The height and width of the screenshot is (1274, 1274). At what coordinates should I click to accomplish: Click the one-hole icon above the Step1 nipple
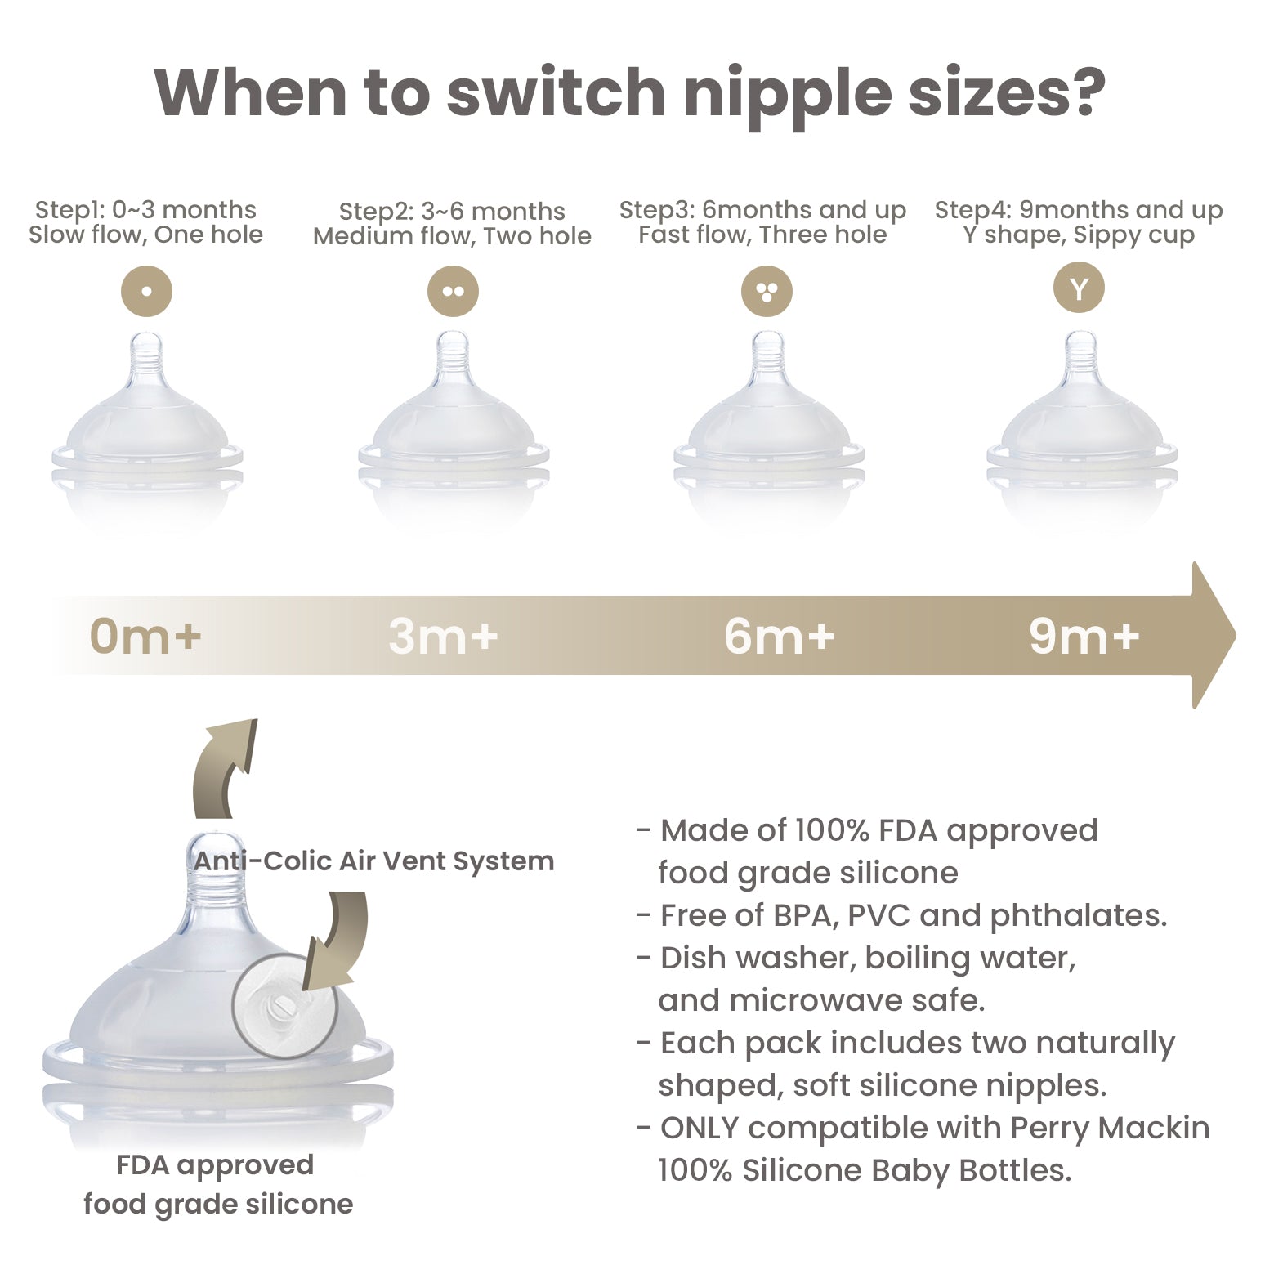tap(146, 291)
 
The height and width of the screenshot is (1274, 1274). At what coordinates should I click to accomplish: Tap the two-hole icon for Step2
tap(453, 292)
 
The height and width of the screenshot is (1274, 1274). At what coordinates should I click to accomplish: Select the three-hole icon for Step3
tap(767, 292)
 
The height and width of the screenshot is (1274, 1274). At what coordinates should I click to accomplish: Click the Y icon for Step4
tap(1079, 288)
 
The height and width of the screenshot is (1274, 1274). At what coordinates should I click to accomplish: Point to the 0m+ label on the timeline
tap(145, 636)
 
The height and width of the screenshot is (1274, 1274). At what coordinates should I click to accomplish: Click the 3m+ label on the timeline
tap(443, 636)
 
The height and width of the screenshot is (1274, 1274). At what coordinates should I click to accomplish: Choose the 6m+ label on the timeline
tap(779, 636)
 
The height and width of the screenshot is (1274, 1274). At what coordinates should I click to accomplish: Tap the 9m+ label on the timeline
tap(1084, 636)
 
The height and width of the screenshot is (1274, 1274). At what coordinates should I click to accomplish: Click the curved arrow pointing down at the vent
tap(335, 940)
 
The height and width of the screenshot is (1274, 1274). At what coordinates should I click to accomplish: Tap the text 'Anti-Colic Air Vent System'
tap(373, 861)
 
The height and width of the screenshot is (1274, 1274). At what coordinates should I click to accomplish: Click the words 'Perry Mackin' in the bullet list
tap(1110, 1128)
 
